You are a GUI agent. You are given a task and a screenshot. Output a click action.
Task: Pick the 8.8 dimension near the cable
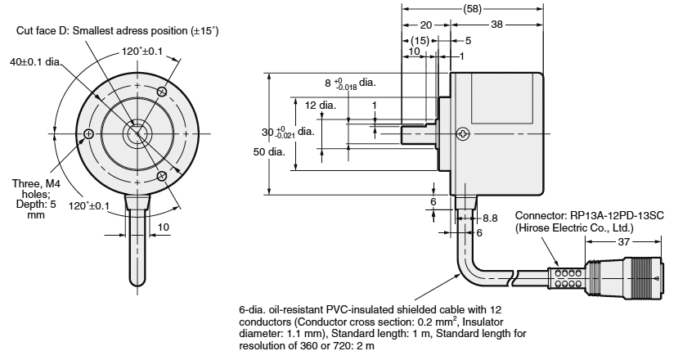tap(490, 218)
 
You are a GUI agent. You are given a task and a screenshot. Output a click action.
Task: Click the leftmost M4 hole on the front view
tap(88, 133)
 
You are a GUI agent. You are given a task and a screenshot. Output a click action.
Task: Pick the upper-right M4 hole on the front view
tap(162, 92)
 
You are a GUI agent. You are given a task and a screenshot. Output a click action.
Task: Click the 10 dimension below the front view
tap(163, 226)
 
